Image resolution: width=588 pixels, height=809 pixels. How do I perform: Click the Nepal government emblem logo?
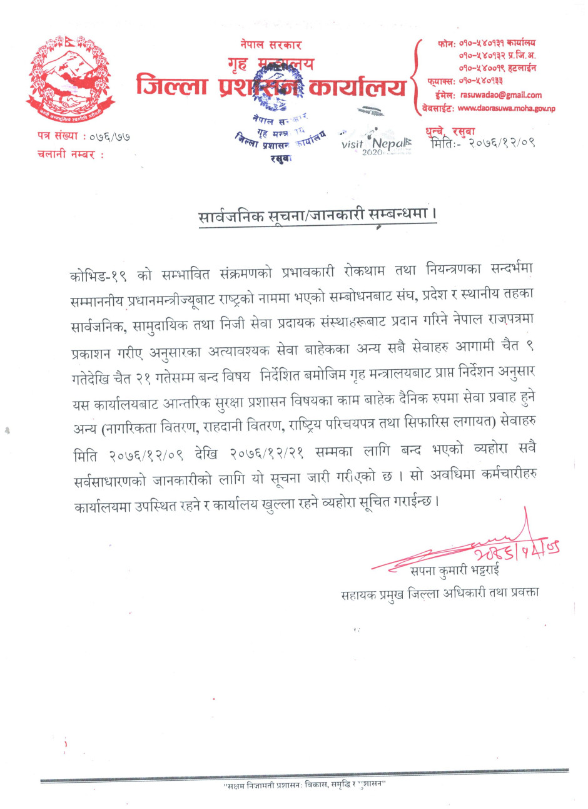[70, 76]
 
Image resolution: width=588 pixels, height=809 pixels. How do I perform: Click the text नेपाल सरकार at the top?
[270, 44]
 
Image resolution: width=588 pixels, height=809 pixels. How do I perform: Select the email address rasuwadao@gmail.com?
[500, 95]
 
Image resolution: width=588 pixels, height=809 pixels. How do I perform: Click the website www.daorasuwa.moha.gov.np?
[506, 108]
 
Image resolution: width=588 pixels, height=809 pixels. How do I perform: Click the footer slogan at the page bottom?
[305, 785]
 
